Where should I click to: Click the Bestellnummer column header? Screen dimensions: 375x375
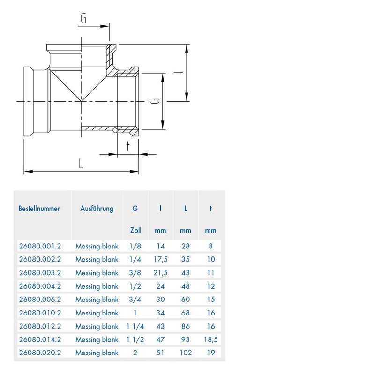click(39, 209)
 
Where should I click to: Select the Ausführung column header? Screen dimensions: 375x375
click(97, 209)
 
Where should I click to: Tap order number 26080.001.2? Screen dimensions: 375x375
click(39, 245)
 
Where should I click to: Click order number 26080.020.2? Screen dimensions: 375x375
click(39, 353)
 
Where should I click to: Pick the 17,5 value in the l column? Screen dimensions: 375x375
click(160, 259)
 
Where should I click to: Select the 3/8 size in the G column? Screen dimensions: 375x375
click(135, 272)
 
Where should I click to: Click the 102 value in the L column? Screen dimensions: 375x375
click(186, 353)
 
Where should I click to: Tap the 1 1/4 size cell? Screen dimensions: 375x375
click(135, 326)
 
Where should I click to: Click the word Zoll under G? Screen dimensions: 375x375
click(135, 230)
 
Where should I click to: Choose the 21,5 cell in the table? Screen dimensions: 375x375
click(160, 272)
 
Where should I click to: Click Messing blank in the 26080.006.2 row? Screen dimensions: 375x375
click(97, 299)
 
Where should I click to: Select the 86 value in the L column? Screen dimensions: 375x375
click(186, 326)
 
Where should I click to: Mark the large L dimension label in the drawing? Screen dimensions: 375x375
click(81, 164)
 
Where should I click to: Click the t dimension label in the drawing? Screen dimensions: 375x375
click(128, 146)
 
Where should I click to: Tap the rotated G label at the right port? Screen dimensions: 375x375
click(157, 101)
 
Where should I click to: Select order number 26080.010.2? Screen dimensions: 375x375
click(39, 313)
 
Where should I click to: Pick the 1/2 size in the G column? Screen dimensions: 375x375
click(135, 286)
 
